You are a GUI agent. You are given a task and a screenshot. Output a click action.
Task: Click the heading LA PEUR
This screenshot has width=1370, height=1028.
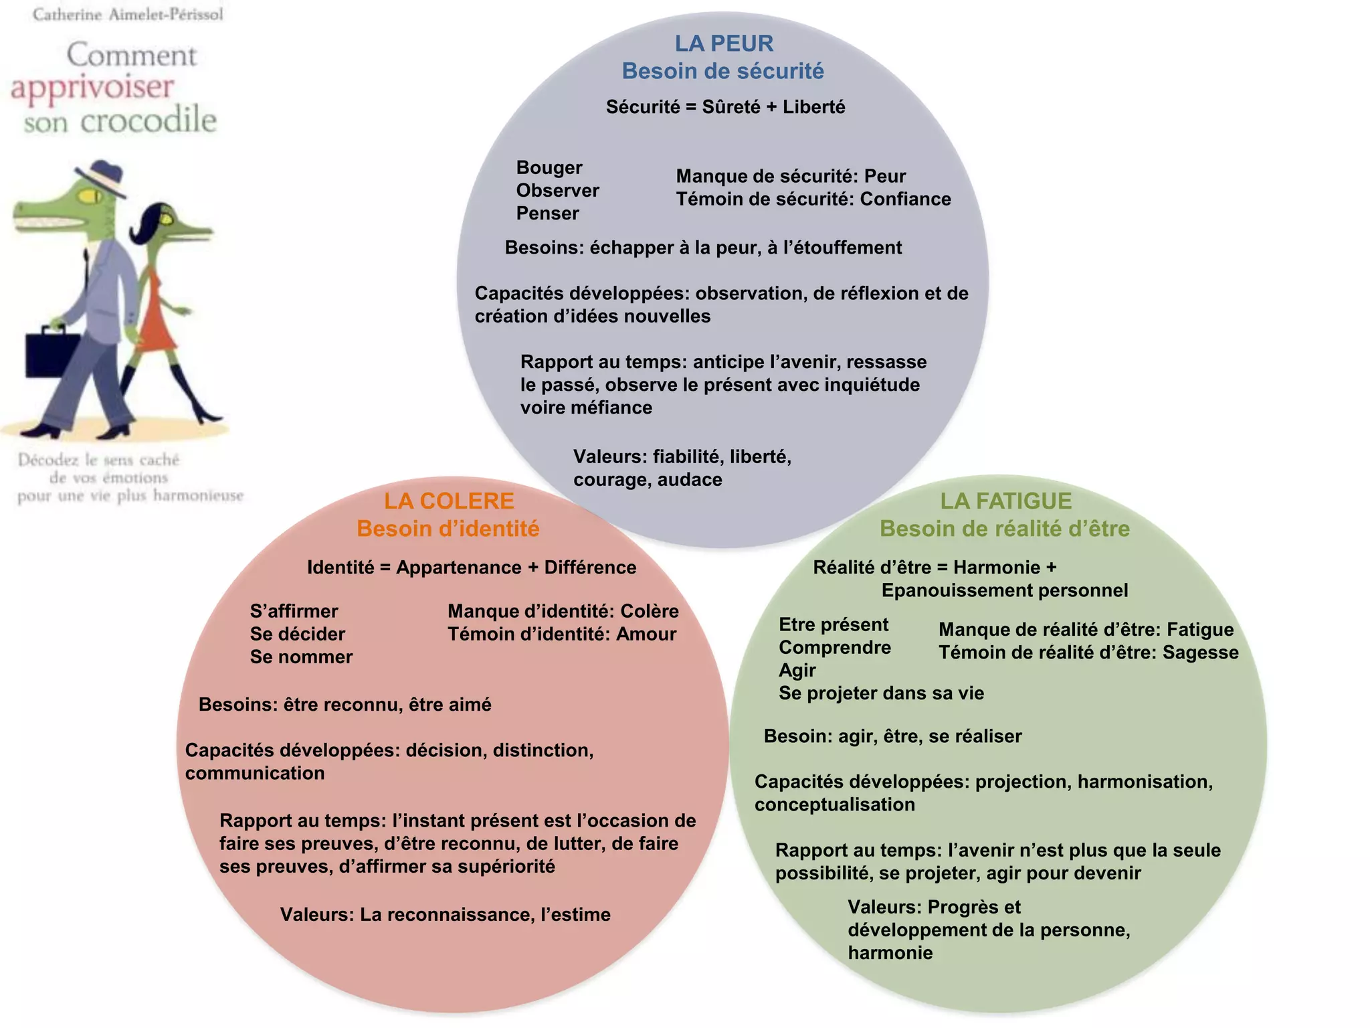pyautogui.click(x=724, y=44)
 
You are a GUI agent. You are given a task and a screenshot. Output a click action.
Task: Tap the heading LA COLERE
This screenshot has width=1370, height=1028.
pyautogui.click(x=449, y=501)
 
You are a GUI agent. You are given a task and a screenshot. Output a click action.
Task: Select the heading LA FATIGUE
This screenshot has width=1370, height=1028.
pyautogui.click(x=1005, y=501)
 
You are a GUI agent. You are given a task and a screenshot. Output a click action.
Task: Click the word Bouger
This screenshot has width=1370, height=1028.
pyautogui.click(x=549, y=167)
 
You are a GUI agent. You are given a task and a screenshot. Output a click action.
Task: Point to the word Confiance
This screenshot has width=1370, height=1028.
pyautogui.click(x=905, y=199)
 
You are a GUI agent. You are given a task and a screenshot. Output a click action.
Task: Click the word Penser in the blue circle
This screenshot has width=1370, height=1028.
pyautogui.click(x=547, y=213)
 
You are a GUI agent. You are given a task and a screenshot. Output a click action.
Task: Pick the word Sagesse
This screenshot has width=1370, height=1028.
pyautogui.click(x=1200, y=653)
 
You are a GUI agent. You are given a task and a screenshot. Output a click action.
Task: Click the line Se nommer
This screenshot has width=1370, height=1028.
pyautogui.click(x=301, y=657)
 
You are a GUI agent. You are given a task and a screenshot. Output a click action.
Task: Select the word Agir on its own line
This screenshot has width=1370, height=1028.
pyautogui.click(x=797, y=671)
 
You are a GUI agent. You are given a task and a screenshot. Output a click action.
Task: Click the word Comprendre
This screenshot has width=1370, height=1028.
pyautogui.click(x=834, y=648)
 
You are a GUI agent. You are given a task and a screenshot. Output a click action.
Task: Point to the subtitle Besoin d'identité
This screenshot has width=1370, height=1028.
pyautogui.click(x=448, y=529)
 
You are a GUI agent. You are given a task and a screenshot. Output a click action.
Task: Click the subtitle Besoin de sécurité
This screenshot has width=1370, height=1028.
pyautogui.click(x=722, y=71)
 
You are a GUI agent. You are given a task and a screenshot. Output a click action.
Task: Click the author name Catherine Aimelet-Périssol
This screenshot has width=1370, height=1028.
pyautogui.click(x=128, y=14)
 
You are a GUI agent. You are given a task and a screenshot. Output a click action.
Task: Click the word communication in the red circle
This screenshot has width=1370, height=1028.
pyautogui.click(x=255, y=773)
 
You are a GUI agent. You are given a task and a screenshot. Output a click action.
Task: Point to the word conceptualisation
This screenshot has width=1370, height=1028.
pyautogui.click(x=834, y=804)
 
